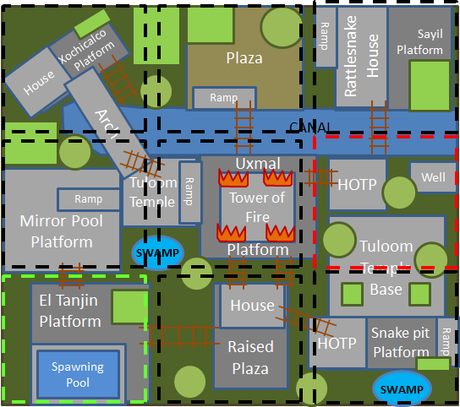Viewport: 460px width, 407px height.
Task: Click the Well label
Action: tap(434, 177)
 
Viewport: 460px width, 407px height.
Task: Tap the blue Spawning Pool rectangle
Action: tap(78, 373)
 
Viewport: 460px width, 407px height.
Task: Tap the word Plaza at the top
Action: tap(244, 58)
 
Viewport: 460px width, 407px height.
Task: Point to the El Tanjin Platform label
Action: tap(70, 311)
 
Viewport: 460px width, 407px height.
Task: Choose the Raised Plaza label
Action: tap(251, 357)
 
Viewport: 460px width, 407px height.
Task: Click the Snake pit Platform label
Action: tap(402, 342)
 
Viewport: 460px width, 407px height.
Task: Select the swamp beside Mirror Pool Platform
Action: tap(156, 252)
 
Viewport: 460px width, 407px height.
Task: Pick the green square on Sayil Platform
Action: tap(430, 85)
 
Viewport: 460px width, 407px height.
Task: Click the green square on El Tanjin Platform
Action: tap(129, 307)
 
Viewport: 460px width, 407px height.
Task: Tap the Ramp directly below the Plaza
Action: tap(224, 98)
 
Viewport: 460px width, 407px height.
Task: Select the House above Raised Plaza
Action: tap(252, 306)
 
